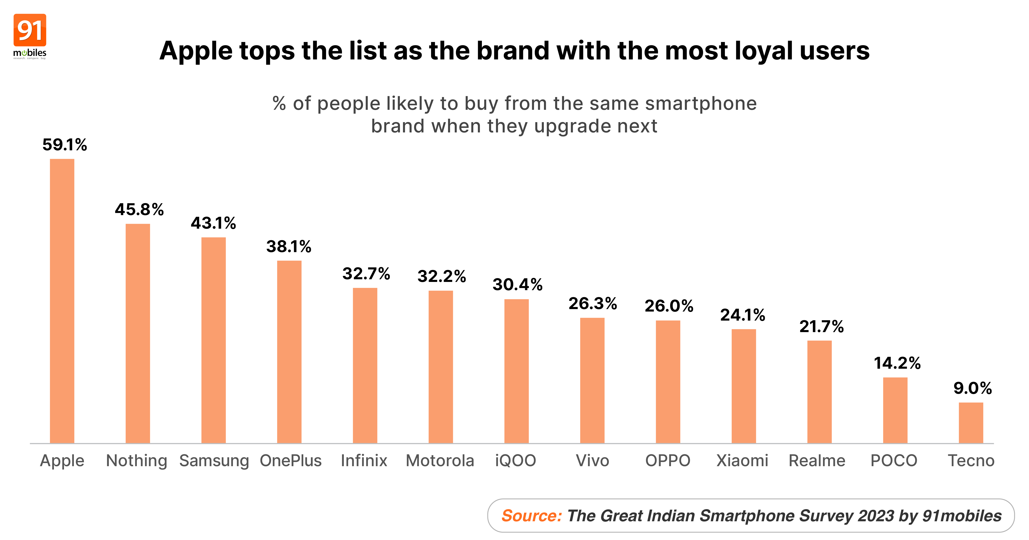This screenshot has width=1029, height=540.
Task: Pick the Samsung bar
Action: click(213, 340)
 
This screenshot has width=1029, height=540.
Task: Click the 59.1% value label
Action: click(65, 145)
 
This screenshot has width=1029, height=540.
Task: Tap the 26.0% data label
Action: click(669, 306)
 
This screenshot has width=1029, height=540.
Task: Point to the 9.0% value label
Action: click(972, 388)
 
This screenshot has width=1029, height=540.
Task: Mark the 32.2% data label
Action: click(441, 276)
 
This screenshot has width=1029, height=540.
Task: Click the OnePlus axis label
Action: click(290, 461)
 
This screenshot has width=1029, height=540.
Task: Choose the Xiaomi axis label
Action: click(742, 461)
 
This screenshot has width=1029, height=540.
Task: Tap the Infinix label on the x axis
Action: click(364, 461)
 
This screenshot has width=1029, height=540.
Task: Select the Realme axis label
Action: click(817, 461)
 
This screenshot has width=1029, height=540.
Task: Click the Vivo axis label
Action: click(592, 461)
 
